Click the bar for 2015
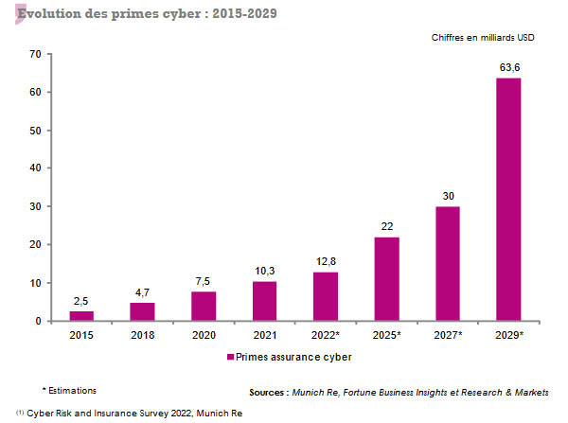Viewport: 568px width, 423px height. tap(81, 316)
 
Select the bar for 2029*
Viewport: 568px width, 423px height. tap(508, 200)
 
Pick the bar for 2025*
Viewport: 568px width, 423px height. tap(386, 279)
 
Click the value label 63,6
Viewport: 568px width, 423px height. tap(508, 66)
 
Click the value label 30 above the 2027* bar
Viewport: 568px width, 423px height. tap(448, 196)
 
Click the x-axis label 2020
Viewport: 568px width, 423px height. tap(204, 336)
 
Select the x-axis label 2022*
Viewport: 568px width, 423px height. tap(326, 336)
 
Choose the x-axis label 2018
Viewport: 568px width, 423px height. tap(142, 336)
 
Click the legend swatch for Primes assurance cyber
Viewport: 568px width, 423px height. tap(229, 357)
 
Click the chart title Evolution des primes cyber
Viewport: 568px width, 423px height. tap(142, 15)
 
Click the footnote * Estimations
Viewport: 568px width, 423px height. tap(69, 390)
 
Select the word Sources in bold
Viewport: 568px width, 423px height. tap(271, 392)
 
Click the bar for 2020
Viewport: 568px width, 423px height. tap(204, 307)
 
